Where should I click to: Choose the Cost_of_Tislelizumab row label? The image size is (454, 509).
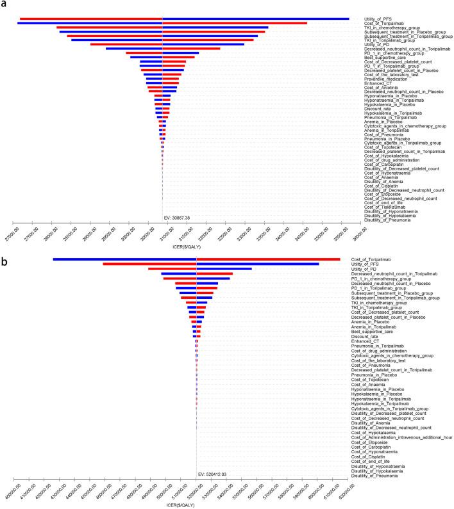click(383, 207)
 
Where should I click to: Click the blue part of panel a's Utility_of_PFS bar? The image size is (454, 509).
click(256, 19)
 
